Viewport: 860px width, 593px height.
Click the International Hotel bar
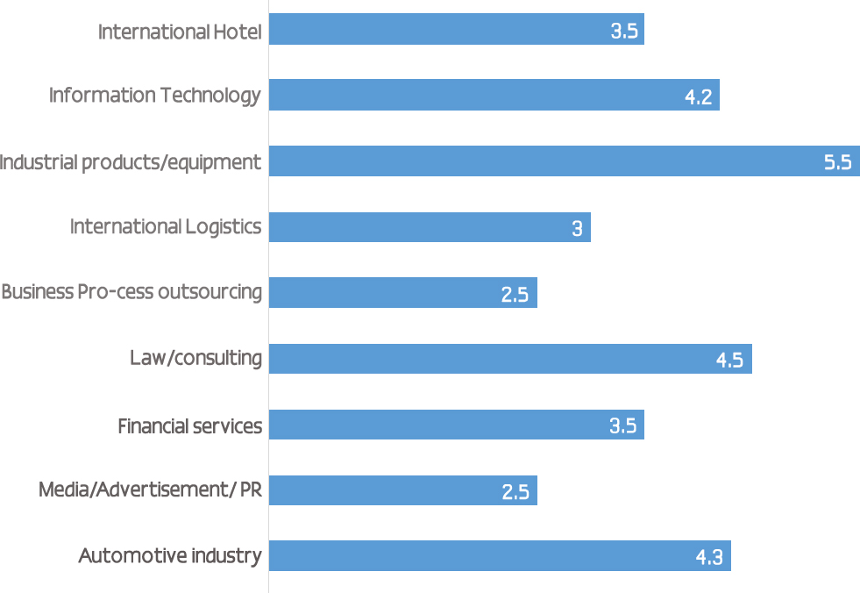pyautogui.click(x=456, y=29)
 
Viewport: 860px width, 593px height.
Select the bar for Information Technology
pyautogui.click(x=494, y=95)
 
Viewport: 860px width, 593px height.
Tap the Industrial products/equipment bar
pyautogui.click(x=564, y=161)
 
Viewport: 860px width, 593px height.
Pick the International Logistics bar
pyautogui.click(x=430, y=227)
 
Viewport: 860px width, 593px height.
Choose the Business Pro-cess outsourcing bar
pyautogui.click(x=402, y=293)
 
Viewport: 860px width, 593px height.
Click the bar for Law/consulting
pyautogui.click(x=510, y=359)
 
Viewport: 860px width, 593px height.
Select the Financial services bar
pyautogui.click(x=456, y=425)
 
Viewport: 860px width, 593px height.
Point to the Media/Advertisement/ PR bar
pyautogui.click(x=402, y=490)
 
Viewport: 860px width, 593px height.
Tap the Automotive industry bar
pyautogui.click(x=500, y=556)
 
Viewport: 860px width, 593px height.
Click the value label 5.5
pyautogui.click(x=837, y=162)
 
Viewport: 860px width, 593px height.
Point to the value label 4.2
pyautogui.click(x=698, y=96)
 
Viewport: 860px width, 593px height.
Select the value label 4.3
pyautogui.click(x=708, y=557)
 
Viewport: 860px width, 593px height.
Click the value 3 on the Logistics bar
pyautogui.click(x=577, y=229)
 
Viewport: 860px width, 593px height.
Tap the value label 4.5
pyautogui.click(x=729, y=361)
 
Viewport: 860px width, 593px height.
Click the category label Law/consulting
pyautogui.click(x=195, y=358)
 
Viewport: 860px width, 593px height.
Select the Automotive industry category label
pyautogui.click(x=170, y=555)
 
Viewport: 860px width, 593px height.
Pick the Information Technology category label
pyautogui.click(x=155, y=95)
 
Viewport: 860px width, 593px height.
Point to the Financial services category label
pyautogui.click(x=190, y=426)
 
